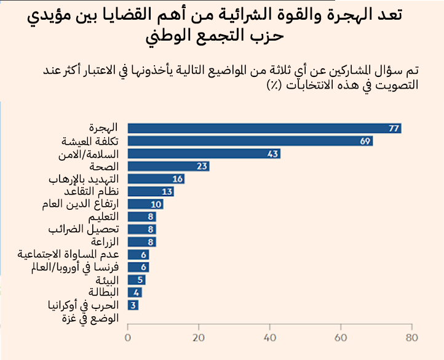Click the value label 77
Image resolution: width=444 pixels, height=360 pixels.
(394, 128)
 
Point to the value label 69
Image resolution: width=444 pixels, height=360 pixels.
(366, 141)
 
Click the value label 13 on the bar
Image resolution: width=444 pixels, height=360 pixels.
(167, 191)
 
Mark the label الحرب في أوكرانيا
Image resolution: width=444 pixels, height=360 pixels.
(85, 305)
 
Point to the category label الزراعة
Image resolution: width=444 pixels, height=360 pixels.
(105, 242)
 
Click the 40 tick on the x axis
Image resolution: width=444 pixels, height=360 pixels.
(269, 338)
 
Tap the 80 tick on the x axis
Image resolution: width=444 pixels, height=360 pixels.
(411, 338)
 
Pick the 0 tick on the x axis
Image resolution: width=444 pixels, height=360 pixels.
(128, 338)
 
